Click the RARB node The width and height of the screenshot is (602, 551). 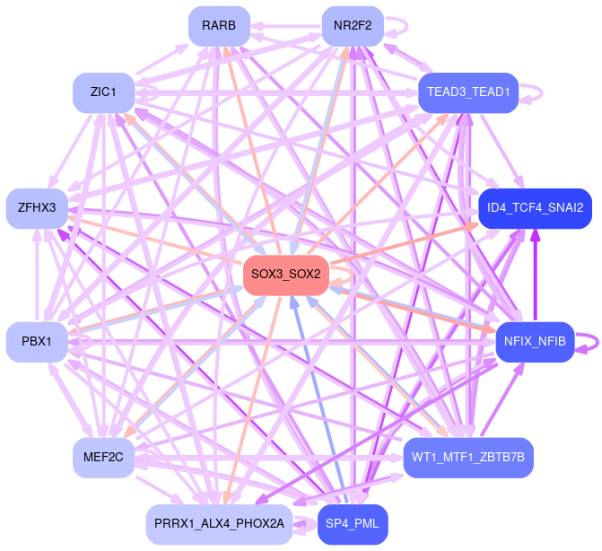coord(219,26)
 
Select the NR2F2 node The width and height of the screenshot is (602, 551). coord(353,26)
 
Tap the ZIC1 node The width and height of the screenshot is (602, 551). coord(104,92)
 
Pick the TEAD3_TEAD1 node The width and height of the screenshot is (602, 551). coord(468,92)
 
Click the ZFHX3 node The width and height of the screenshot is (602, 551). coord(37,208)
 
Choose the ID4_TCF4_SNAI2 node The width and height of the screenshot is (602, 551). coord(535,208)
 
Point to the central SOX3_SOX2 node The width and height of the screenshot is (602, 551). coord(286,274)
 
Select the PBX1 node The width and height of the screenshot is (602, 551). coord(37,342)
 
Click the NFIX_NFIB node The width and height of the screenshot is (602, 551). coord(535,342)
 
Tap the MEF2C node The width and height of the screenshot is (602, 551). coord(104,458)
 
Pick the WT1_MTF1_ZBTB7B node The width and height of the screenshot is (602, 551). coord(468,458)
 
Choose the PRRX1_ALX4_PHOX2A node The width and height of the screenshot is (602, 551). coord(219,523)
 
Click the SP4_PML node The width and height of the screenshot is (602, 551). coord(353,523)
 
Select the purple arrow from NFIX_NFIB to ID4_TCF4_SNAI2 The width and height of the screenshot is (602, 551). coord(535,274)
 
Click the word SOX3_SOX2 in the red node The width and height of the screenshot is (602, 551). coord(286,274)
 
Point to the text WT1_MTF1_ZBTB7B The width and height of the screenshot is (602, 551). coord(468,458)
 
